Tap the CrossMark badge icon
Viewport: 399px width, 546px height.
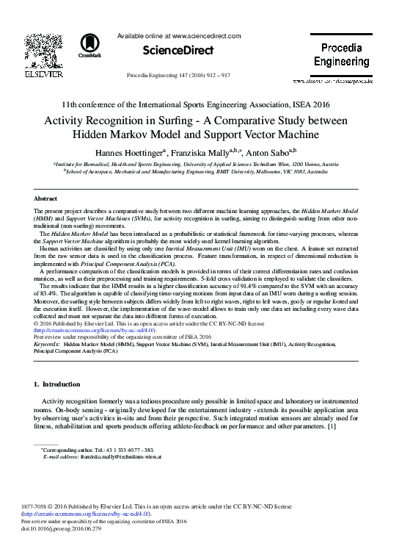pos(95,43)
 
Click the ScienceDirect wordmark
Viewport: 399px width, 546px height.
pos(169,50)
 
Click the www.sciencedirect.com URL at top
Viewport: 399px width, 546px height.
pos(206,35)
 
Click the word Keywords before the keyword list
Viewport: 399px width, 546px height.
pos(47,344)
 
